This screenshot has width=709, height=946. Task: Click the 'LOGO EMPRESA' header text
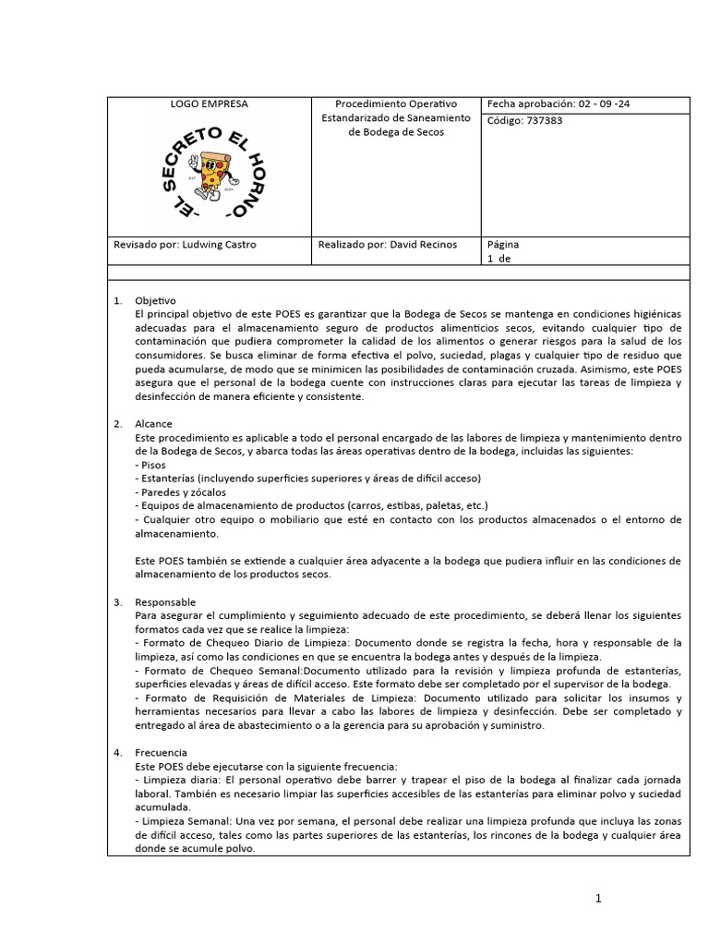[209, 104]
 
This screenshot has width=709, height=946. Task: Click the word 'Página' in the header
[503, 245]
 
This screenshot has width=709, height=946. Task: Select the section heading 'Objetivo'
[155, 301]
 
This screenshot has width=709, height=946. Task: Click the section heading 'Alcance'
[153, 424]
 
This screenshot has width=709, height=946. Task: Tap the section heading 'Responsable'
[165, 602]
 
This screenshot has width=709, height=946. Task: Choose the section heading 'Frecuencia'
[161, 753]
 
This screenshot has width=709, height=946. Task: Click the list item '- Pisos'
[150, 465]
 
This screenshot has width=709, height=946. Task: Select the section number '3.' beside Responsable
[117, 602]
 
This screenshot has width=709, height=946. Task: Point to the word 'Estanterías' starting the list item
[170, 479]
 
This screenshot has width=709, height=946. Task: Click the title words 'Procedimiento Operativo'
[395, 104]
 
